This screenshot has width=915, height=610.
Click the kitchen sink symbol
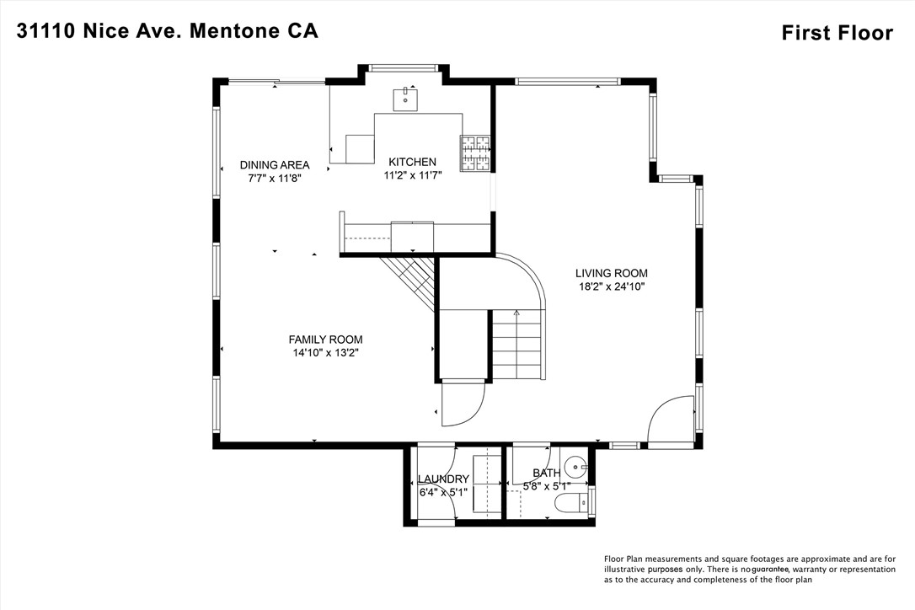point(406,99)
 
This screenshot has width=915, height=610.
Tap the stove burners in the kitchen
point(474,153)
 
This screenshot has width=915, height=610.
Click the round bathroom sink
point(575,463)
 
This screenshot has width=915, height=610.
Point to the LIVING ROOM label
point(611,273)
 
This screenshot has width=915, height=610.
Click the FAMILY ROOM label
point(327,340)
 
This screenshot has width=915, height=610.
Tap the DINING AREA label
point(274,165)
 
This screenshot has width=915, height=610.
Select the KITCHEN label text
point(412,162)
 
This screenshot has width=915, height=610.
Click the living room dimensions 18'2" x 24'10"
point(611,286)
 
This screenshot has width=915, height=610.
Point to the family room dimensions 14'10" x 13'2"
point(327,353)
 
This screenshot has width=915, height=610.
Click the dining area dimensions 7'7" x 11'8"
point(274,179)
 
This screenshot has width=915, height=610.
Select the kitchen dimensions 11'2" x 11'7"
point(412,175)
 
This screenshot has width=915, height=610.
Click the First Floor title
point(837,33)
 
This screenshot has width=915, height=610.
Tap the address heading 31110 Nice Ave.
point(168,31)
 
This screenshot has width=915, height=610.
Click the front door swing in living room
point(670,419)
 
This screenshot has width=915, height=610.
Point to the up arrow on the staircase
point(517,314)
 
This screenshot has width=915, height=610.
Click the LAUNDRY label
point(444,479)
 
